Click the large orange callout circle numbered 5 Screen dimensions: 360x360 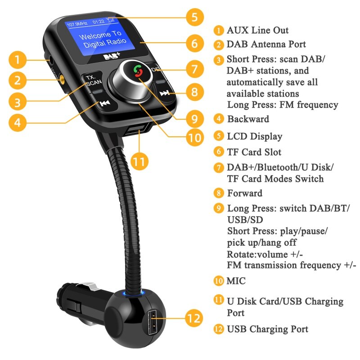coord(194,18)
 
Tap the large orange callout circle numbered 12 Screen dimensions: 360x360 coord(194,319)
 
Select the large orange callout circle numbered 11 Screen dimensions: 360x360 coord(140,161)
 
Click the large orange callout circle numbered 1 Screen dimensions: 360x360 coord(17,59)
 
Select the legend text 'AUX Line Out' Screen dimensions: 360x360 coord(257,30)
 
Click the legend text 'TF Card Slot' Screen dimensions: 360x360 coord(254,152)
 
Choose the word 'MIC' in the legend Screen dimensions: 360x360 coord(236,281)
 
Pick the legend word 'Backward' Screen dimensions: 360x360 coord(248,119)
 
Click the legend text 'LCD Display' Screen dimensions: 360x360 coord(254,136)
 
